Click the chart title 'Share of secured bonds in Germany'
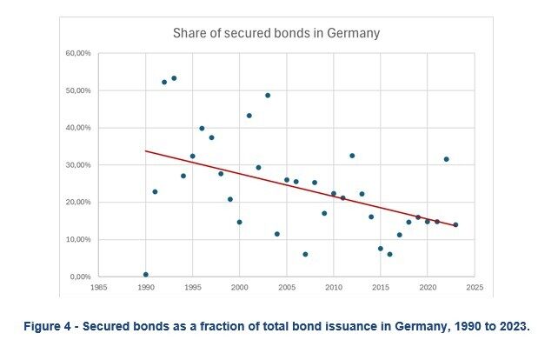tap(276, 34)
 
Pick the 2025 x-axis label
tap(473, 286)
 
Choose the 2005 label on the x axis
tap(286, 286)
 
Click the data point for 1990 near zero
tap(146, 275)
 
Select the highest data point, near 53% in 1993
tap(174, 78)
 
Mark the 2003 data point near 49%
tap(268, 96)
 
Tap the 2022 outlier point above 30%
tap(446, 159)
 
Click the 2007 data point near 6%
tap(305, 254)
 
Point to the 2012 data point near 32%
tap(352, 156)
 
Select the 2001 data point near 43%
tap(249, 116)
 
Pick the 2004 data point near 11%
tap(277, 234)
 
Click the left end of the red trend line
tap(146, 150)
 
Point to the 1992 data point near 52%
tap(164, 82)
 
